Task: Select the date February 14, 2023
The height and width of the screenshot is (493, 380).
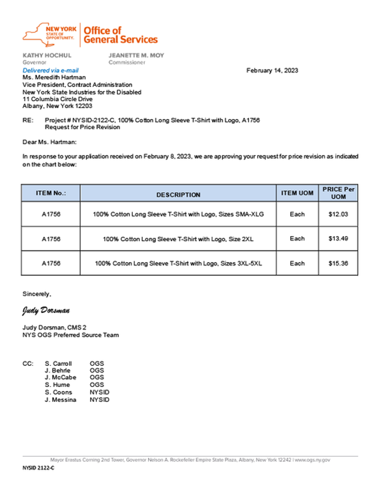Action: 272,70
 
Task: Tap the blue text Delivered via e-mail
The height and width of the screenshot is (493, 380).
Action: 51,70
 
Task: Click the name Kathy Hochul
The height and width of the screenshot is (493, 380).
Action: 47,55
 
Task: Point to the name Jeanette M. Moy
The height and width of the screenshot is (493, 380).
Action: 136,55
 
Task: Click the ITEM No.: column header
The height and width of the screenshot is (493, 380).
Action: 51,193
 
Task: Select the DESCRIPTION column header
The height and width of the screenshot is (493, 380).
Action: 178,195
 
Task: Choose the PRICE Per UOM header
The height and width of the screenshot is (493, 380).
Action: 338,193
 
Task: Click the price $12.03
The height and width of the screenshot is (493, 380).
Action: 338,214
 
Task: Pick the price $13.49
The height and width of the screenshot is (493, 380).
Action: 338,239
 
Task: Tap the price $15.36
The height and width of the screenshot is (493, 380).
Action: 338,263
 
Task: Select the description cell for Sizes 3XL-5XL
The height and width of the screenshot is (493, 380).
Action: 178,263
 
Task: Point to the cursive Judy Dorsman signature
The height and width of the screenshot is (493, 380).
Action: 46,311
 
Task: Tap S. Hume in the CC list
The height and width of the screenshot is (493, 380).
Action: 57,385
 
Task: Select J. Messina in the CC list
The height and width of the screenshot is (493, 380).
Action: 61,400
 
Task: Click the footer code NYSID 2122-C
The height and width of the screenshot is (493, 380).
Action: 38,467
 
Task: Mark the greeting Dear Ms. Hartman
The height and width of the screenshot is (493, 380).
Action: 49,142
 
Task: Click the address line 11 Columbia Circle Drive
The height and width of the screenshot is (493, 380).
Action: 57,99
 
